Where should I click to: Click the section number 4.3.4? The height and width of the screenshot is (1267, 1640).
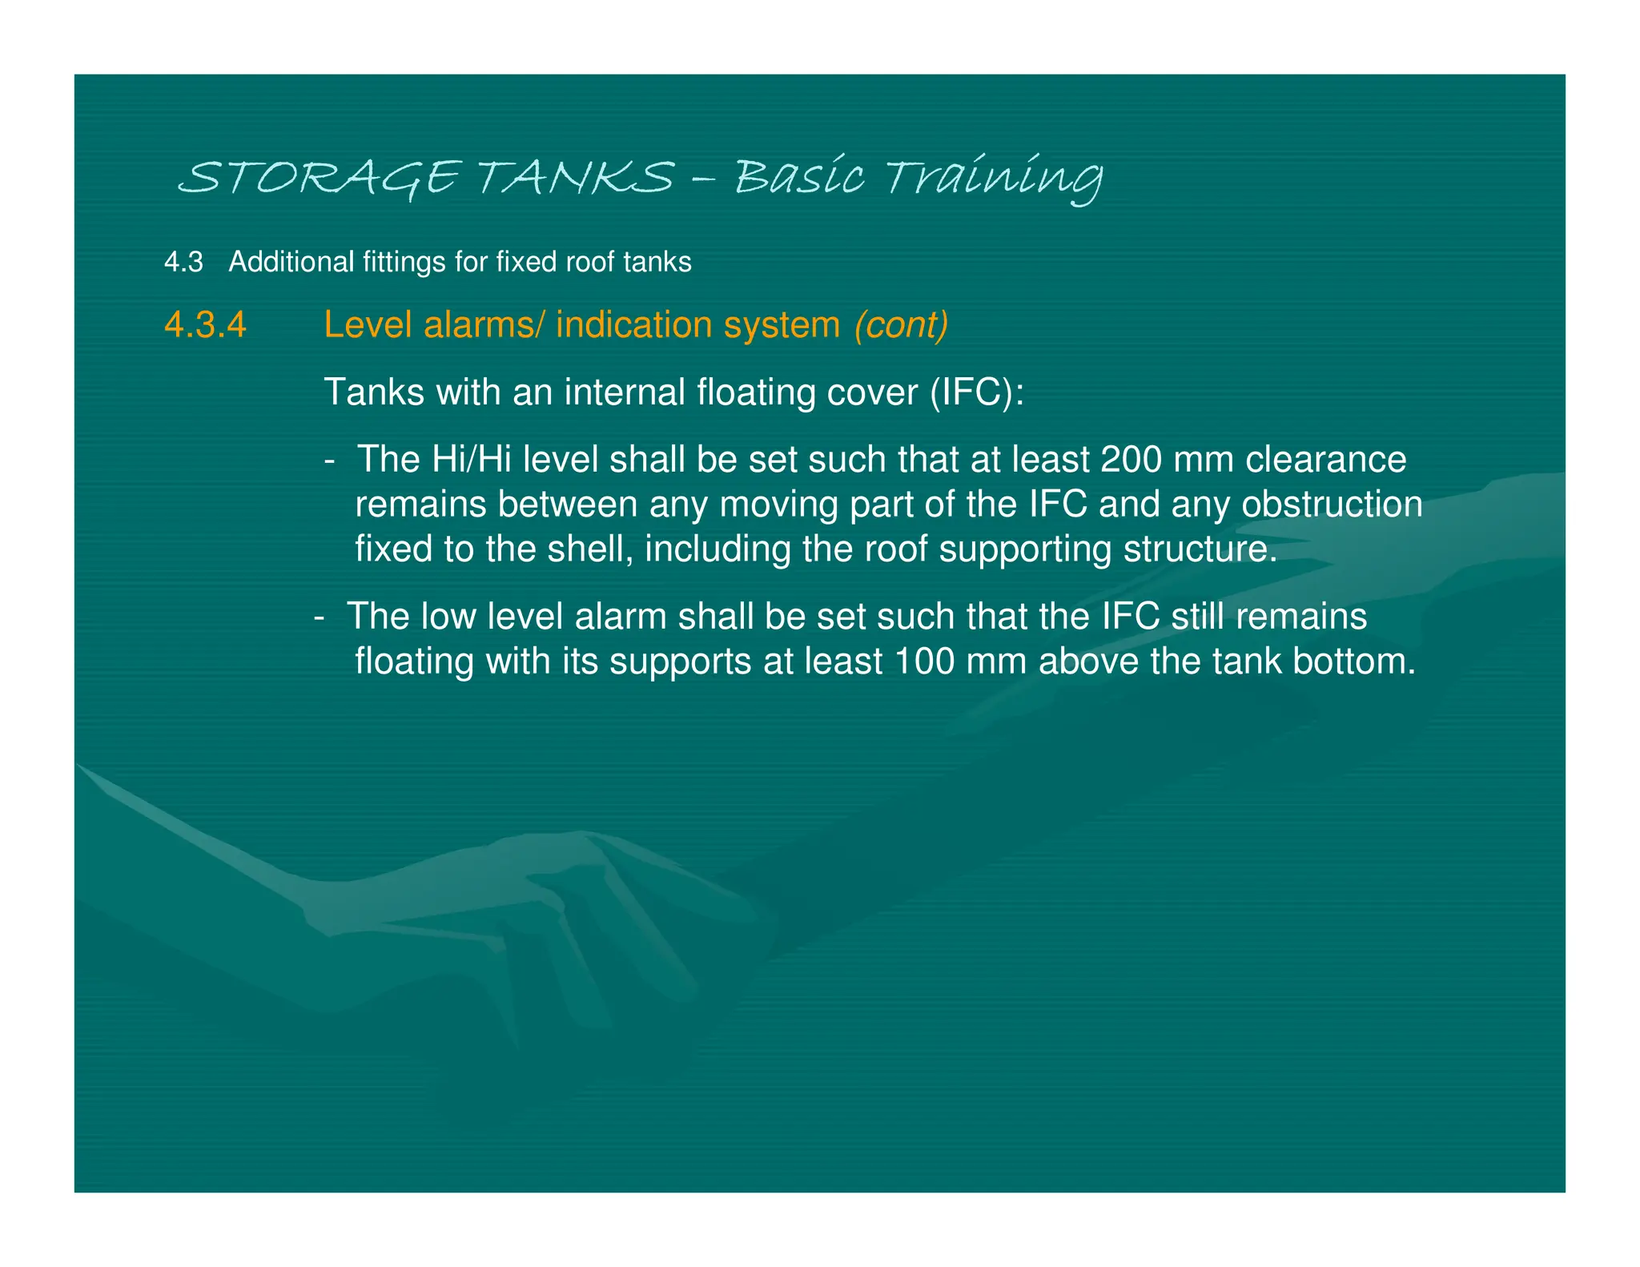pos(205,325)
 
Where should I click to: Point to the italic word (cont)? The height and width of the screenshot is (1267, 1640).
pos(901,325)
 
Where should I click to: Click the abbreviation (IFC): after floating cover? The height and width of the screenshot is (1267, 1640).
pos(977,392)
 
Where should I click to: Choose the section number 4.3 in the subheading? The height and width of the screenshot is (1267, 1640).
pos(183,262)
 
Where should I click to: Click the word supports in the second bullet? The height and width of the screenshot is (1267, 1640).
pos(681,662)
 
